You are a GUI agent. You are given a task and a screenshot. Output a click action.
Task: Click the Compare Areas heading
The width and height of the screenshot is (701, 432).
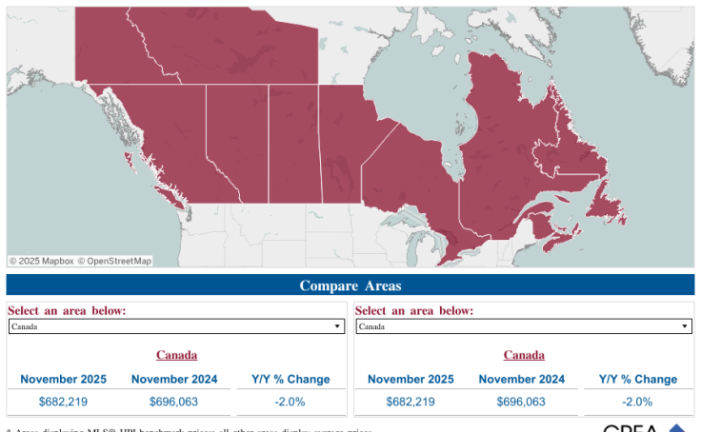pos(350,285)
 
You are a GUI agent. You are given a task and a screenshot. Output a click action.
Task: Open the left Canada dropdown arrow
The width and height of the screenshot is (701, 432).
pos(337,326)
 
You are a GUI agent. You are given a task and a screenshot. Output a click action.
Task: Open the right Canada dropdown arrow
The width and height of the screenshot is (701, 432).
pos(684,326)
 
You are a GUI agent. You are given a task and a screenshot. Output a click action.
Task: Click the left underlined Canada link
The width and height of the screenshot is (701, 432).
pos(176,355)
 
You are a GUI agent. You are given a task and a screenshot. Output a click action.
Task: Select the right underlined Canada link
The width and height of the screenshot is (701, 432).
pos(524,355)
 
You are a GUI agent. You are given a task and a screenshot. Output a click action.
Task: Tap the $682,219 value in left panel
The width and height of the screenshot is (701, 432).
pos(63,402)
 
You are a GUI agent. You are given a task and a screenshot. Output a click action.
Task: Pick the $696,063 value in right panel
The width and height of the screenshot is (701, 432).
pos(521,402)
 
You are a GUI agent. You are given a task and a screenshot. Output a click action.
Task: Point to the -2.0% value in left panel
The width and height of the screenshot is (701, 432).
pos(290,402)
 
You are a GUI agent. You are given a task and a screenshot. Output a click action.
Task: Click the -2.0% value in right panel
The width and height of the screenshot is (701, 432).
pos(637,402)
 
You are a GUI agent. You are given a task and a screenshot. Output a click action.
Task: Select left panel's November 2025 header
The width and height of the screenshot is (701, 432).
pos(63,379)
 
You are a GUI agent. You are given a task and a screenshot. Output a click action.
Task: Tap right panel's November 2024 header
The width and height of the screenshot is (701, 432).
pos(521,379)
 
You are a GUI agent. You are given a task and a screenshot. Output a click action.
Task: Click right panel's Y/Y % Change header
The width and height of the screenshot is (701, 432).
pos(637,379)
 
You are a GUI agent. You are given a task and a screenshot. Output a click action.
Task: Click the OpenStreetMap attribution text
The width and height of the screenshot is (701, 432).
pos(114,261)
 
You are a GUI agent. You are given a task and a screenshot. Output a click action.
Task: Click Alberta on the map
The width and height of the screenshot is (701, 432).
pos(236,143)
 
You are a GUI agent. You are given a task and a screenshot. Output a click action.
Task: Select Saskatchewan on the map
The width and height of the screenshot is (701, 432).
pos(293,143)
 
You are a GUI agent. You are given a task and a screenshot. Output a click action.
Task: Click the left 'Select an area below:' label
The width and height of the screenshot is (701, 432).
pos(67,310)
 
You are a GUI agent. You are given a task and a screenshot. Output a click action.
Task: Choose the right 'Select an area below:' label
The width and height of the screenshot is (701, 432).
pos(414,310)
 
